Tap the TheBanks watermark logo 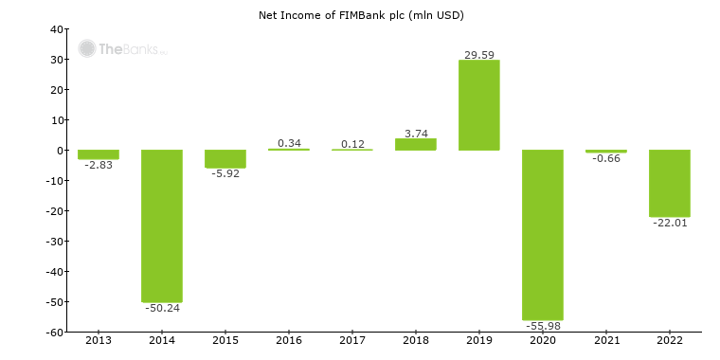[122, 48]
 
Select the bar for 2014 [162, 225]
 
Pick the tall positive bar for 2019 [479, 105]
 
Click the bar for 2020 [543, 235]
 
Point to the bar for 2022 [670, 183]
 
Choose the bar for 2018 [416, 144]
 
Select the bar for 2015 [225, 159]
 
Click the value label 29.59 [479, 55]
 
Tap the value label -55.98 [543, 326]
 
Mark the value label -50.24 [162, 308]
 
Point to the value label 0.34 [289, 143]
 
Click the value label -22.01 [670, 222]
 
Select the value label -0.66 [606, 158]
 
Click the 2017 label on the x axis [352, 340]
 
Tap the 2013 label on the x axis [99, 340]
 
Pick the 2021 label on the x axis [606, 340]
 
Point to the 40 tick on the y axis [56, 29]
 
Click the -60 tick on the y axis [54, 333]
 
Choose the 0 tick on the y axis [59, 151]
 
